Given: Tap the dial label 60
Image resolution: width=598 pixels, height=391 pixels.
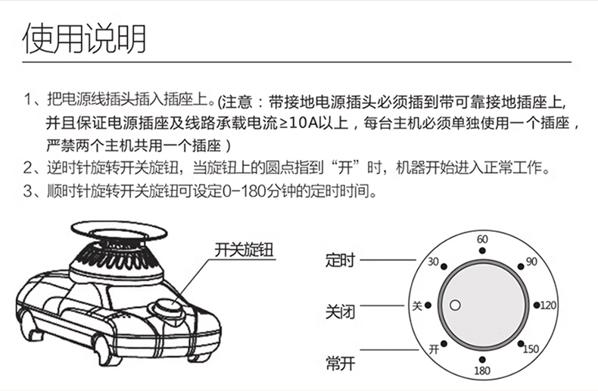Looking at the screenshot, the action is (x=481, y=239).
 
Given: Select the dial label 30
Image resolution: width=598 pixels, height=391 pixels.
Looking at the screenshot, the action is (x=433, y=262).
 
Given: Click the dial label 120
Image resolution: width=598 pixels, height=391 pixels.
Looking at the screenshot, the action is (x=549, y=305).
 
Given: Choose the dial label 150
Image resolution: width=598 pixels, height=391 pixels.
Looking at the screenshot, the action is (x=531, y=349).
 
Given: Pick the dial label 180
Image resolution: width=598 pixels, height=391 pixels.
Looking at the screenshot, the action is (x=481, y=371).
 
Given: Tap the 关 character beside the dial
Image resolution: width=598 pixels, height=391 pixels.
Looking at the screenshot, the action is (x=415, y=305).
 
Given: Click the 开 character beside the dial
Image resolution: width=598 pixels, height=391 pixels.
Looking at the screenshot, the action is (x=434, y=349).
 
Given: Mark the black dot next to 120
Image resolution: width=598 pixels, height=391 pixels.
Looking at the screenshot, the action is (x=536, y=305).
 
